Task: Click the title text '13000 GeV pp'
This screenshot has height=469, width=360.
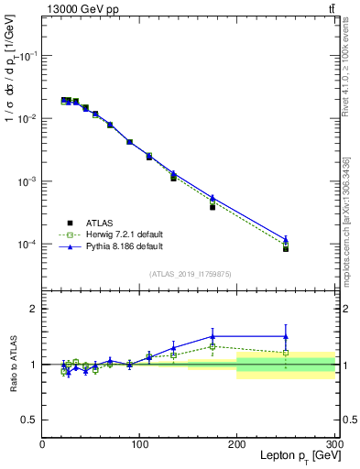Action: [79, 8]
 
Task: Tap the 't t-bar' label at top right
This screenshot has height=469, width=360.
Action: [331, 8]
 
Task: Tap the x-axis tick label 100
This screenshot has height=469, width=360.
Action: [140, 442]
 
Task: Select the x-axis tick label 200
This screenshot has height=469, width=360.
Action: [237, 442]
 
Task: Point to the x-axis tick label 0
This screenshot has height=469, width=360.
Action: [42, 442]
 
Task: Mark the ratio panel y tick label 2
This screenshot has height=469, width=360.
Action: [34, 309]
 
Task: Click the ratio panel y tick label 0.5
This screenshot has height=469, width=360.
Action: [30, 420]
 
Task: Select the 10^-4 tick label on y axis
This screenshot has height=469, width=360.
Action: [27, 245]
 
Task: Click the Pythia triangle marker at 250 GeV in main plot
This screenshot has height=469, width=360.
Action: [286, 239]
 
